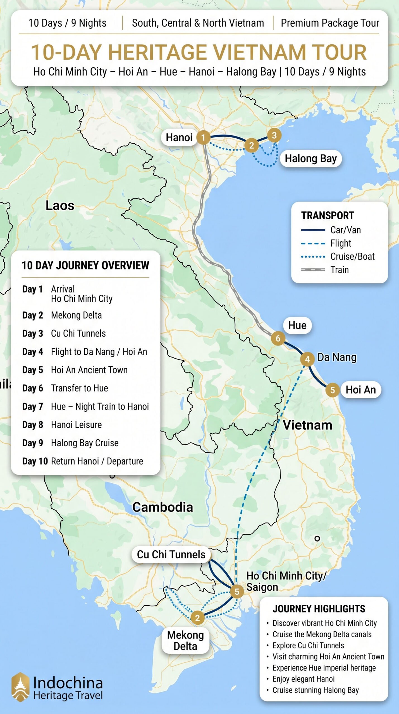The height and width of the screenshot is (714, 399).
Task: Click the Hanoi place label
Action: (x=179, y=138)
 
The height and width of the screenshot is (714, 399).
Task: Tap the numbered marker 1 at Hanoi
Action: (x=203, y=137)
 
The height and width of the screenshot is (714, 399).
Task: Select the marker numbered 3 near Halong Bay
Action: (x=274, y=135)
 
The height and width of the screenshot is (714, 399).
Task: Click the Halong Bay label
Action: (x=310, y=159)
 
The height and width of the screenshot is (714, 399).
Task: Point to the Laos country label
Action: (x=60, y=206)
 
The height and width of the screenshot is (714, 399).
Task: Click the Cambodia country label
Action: (x=163, y=507)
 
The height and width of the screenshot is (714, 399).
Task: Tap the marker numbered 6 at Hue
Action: (x=278, y=338)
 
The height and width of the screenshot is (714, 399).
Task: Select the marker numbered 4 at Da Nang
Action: (x=307, y=359)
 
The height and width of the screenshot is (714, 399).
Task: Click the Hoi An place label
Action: (x=360, y=390)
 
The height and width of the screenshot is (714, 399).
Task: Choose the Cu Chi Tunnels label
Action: (x=171, y=554)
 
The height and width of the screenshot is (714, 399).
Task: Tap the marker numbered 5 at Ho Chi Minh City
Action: (x=237, y=591)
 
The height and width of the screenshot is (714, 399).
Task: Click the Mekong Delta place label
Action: (x=185, y=640)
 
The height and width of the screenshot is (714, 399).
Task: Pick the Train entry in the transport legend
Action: (x=340, y=270)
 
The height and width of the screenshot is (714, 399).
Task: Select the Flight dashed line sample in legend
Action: (x=313, y=243)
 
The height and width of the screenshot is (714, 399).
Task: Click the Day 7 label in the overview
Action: (x=33, y=406)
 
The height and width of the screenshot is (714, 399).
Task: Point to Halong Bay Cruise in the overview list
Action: (x=85, y=443)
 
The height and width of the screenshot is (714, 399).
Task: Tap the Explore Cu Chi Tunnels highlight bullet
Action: (x=308, y=645)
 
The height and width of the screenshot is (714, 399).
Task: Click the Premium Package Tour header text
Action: (x=330, y=23)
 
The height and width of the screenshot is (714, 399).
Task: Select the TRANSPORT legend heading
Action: (x=328, y=216)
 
